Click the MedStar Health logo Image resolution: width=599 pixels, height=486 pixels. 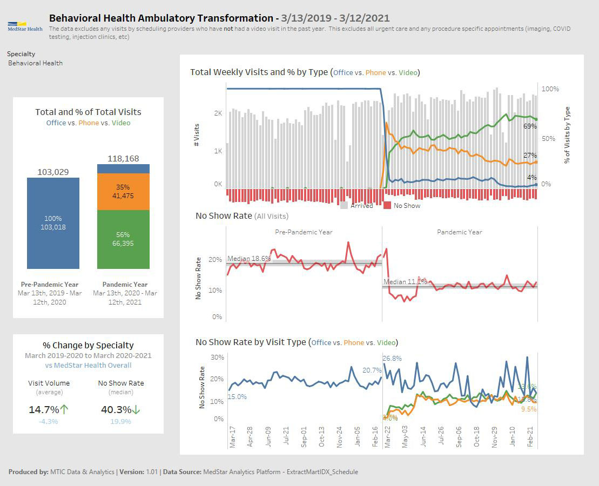(25, 26)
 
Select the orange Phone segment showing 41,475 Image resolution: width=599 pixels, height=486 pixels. (123, 192)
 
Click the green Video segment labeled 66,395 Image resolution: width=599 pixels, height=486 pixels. (123, 239)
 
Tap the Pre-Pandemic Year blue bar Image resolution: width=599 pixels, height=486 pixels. (53, 223)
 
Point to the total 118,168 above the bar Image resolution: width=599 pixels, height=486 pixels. (123, 158)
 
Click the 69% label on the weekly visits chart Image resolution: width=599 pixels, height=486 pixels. (530, 126)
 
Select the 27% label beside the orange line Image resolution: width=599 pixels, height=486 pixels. (530, 156)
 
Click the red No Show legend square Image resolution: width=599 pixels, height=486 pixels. (387, 205)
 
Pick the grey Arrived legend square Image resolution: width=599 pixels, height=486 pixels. (344, 205)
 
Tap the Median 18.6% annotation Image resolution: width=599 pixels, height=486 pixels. (249, 259)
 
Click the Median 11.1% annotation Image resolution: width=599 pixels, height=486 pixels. (405, 281)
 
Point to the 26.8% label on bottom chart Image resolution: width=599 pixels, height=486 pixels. (392, 358)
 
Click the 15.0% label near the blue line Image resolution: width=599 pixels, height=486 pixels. (237, 396)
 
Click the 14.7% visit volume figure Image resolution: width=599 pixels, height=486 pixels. (43, 410)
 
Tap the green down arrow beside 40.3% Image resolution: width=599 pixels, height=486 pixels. (136, 410)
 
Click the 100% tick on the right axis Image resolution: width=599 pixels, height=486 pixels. (550, 89)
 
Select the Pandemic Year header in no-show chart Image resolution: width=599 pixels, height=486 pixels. (459, 232)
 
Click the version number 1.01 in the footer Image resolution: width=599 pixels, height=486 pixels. (152, 471)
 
